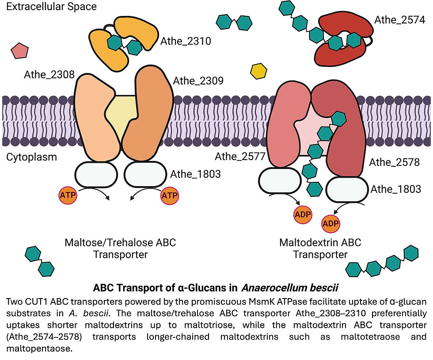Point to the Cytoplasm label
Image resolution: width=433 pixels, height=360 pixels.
pyautogui.click(x=31, y=157)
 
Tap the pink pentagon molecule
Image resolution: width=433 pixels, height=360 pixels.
pyautogui.click(x=20, y=51)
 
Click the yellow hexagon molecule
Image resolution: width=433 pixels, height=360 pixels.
pyautogui.click(x=258, y=71)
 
